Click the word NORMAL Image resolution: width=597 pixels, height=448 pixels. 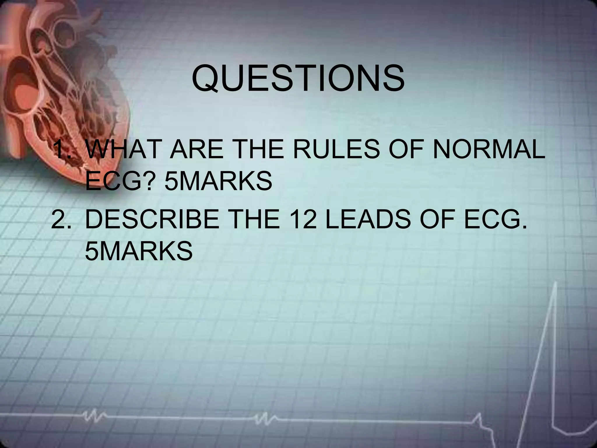489,149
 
